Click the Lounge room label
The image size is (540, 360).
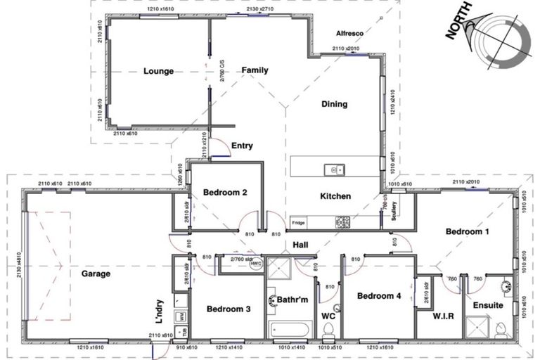(158, 71)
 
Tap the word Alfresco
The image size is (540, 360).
(349, 33)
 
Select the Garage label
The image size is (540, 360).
(95, 274)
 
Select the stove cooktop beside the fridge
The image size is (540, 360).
(342, 221)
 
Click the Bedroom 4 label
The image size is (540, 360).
(379, 296)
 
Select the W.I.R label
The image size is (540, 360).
(444, 316)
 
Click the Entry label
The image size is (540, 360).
(242, 146)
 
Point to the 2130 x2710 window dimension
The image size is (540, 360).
(259, 9)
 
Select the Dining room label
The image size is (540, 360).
(334, 105)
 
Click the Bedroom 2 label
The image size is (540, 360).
(224, 193)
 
